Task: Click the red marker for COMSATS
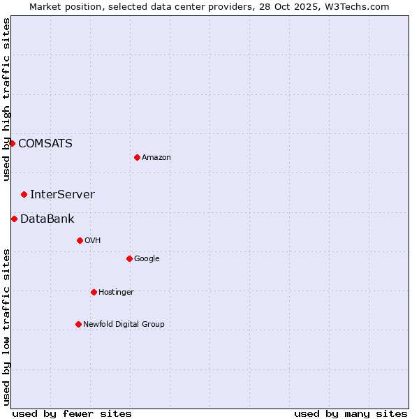point(12,143)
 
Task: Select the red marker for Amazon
point(137,157)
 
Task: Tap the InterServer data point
point(24,194)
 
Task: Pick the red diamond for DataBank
point(14,219)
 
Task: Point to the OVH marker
point(80,240)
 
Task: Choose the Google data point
point(129,258)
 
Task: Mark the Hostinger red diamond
point(94,292)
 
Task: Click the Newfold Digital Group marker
point(78,324)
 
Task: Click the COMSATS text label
point(45,144)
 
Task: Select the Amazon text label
point(156,158)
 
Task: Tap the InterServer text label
point(62,195)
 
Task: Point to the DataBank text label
point(47,219)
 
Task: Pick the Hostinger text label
point(116,293)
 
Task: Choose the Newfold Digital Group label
point(124,324)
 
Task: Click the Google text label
point(147,259)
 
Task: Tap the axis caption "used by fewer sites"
point(72,413)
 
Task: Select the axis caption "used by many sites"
point(351,413)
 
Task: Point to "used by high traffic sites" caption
point(7,99)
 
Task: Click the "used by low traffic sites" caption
point(7,327)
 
